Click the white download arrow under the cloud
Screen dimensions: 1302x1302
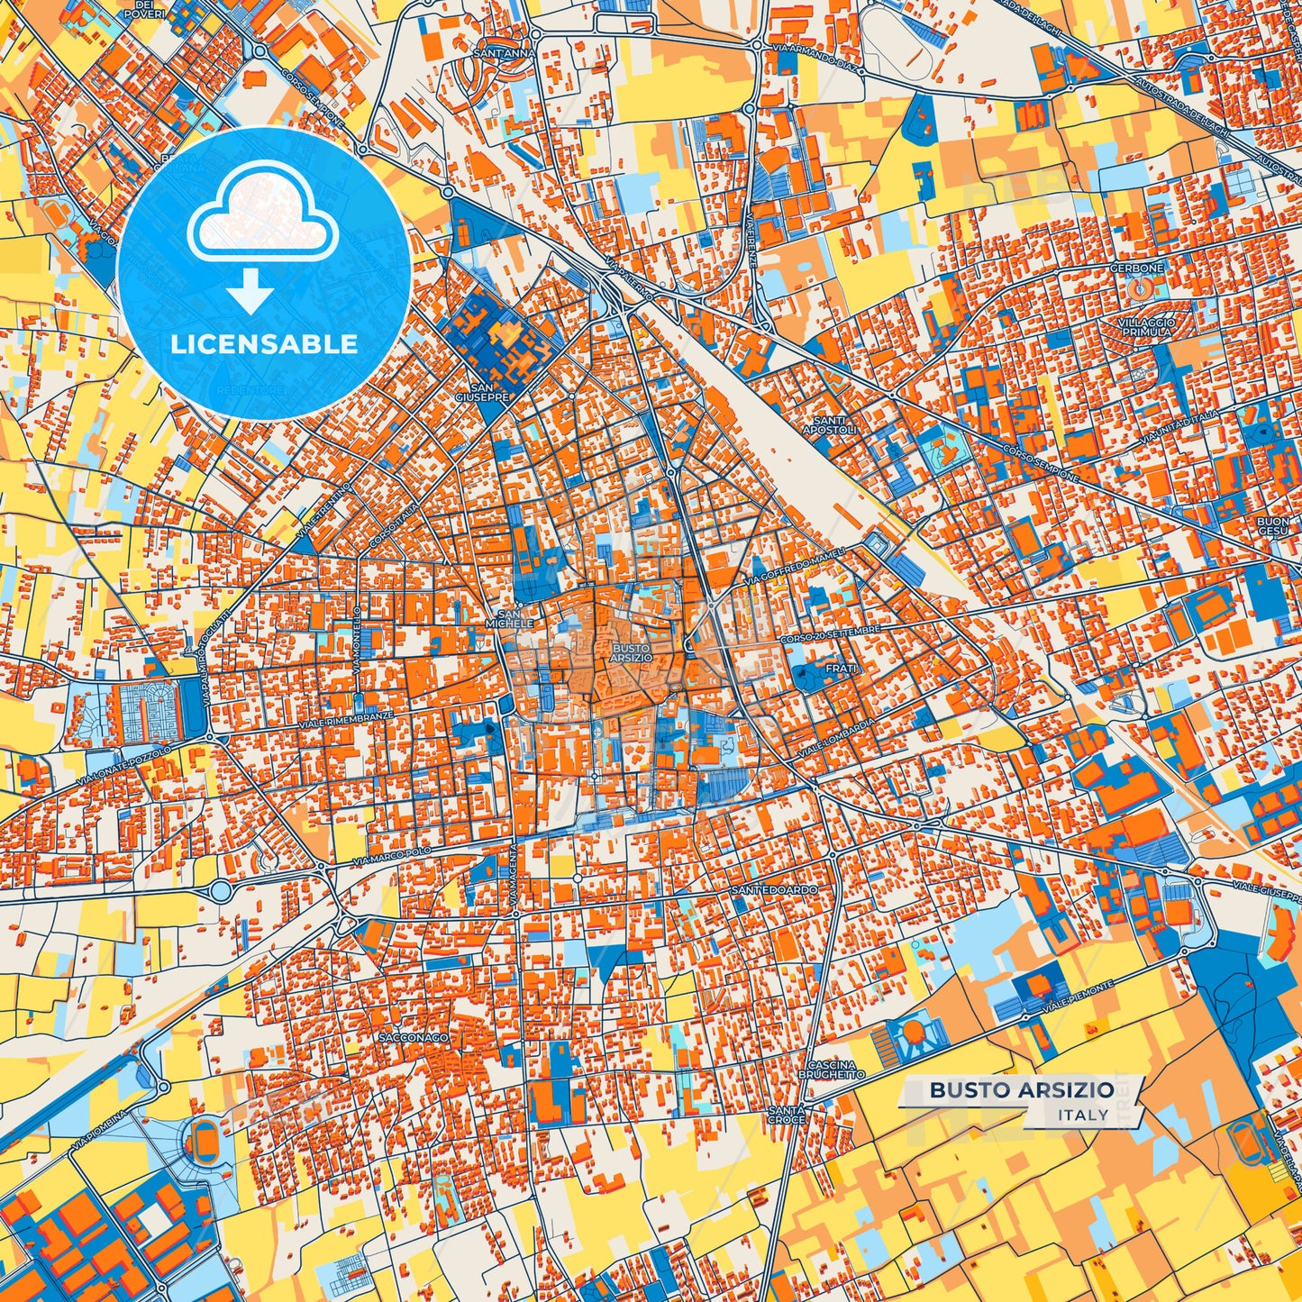[x=251, y=293]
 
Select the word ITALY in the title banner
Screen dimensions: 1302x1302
[x=1084, y=1115]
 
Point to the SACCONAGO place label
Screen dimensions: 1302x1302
[x=414, y=1038]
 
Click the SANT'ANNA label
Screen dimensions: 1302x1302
[x=505, y=53]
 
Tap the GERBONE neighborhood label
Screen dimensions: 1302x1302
[x=1137, y=268]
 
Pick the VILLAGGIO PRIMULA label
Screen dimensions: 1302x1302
[x=1146, y=326]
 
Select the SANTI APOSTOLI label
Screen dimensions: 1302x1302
[x=830, y=425]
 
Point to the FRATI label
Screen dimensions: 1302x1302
[x=841, y=669]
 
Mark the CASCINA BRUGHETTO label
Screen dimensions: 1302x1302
[x=832, y=1070]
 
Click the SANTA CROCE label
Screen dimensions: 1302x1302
[x=787, y=1115]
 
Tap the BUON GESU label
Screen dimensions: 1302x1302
[x=1272, y=526]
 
